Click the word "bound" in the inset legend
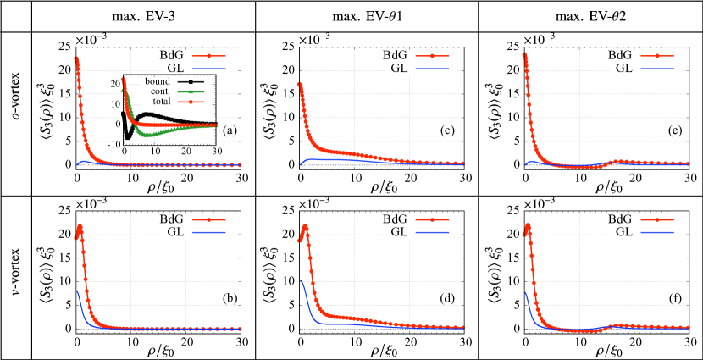(x=158, y=81)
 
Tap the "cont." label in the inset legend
(x=159, y=91)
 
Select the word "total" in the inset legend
(x=161, y=102)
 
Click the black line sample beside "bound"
(x=191, y=81)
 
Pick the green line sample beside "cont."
(x=191, y=91)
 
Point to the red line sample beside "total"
(x=191, y=102)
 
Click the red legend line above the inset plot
(x=209, y=57)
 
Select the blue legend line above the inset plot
(x=209, y=68)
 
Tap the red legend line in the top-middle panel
(x=432, y=57)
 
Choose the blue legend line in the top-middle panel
(x=432, y=68)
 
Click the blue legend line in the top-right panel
(x=656, y=68)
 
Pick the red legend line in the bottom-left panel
(x=209, y=219)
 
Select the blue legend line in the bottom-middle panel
(x=432, y=231)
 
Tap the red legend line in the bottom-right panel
(x=656, y=219)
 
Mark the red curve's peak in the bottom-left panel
(x=80, y=225)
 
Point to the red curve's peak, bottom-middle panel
(x=304, y=225)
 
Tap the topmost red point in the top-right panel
(x=524, y=54)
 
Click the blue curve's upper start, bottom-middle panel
(x=301, y=280)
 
